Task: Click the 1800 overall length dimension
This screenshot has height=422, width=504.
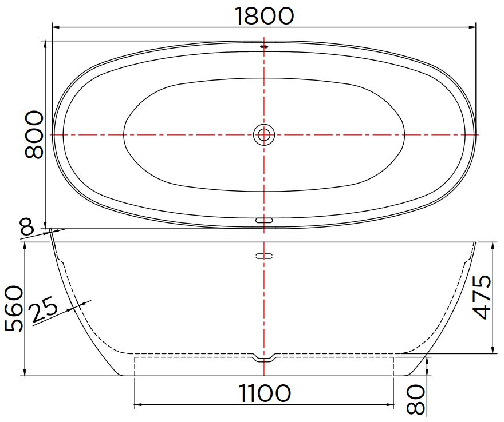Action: (264, 15)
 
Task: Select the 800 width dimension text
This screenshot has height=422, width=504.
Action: (33, 135)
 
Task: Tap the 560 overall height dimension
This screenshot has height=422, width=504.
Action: (14, 309)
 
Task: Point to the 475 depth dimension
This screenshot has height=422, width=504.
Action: (482, 297)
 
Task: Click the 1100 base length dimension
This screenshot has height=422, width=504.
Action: (264, 393)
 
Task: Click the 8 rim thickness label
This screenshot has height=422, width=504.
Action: (27, 226)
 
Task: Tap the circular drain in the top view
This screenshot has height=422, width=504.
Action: (264, 135)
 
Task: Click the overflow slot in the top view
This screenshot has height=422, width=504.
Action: (264, 220)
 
